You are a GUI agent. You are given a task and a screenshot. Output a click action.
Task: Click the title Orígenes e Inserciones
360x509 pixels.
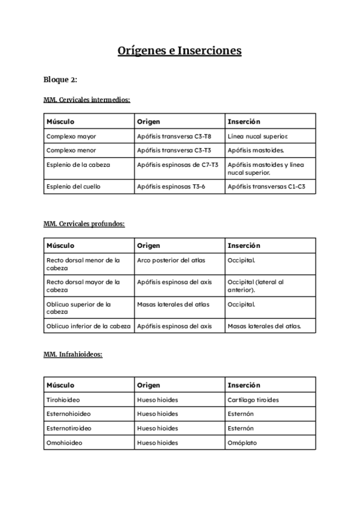(179, 51)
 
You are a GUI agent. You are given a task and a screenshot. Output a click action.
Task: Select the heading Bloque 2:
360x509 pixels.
(60, 80)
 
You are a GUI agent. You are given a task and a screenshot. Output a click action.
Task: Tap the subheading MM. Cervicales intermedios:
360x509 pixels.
(86, 100)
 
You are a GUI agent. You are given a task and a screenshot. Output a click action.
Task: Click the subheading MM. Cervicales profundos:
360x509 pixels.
(84, 223)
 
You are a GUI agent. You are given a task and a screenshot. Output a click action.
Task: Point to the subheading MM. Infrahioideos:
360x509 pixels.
(73, 354)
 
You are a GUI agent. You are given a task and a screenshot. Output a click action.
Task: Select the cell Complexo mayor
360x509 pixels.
(71, 136)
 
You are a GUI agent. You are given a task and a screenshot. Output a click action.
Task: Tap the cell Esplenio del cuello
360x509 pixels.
(74, 187)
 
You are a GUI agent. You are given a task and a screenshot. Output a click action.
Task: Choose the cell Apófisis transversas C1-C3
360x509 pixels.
(266, 187)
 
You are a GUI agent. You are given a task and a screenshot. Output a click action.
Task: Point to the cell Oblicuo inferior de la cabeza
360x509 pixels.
(88, 327)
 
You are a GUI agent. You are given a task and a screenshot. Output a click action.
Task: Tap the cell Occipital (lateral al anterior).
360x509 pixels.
(256, 286)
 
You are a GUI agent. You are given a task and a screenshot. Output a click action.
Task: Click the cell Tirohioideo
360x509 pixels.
(64, 400)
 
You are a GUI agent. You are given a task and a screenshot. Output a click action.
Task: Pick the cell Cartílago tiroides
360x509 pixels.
(253, 400)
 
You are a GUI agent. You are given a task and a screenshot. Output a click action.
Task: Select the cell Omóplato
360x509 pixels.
(242, 443)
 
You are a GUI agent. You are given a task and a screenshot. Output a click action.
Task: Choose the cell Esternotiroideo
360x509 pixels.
(69, 429)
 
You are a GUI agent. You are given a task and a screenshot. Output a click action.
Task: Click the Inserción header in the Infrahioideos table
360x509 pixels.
(244, 385)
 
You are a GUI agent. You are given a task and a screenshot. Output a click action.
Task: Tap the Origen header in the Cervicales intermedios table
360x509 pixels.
(149, 122)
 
